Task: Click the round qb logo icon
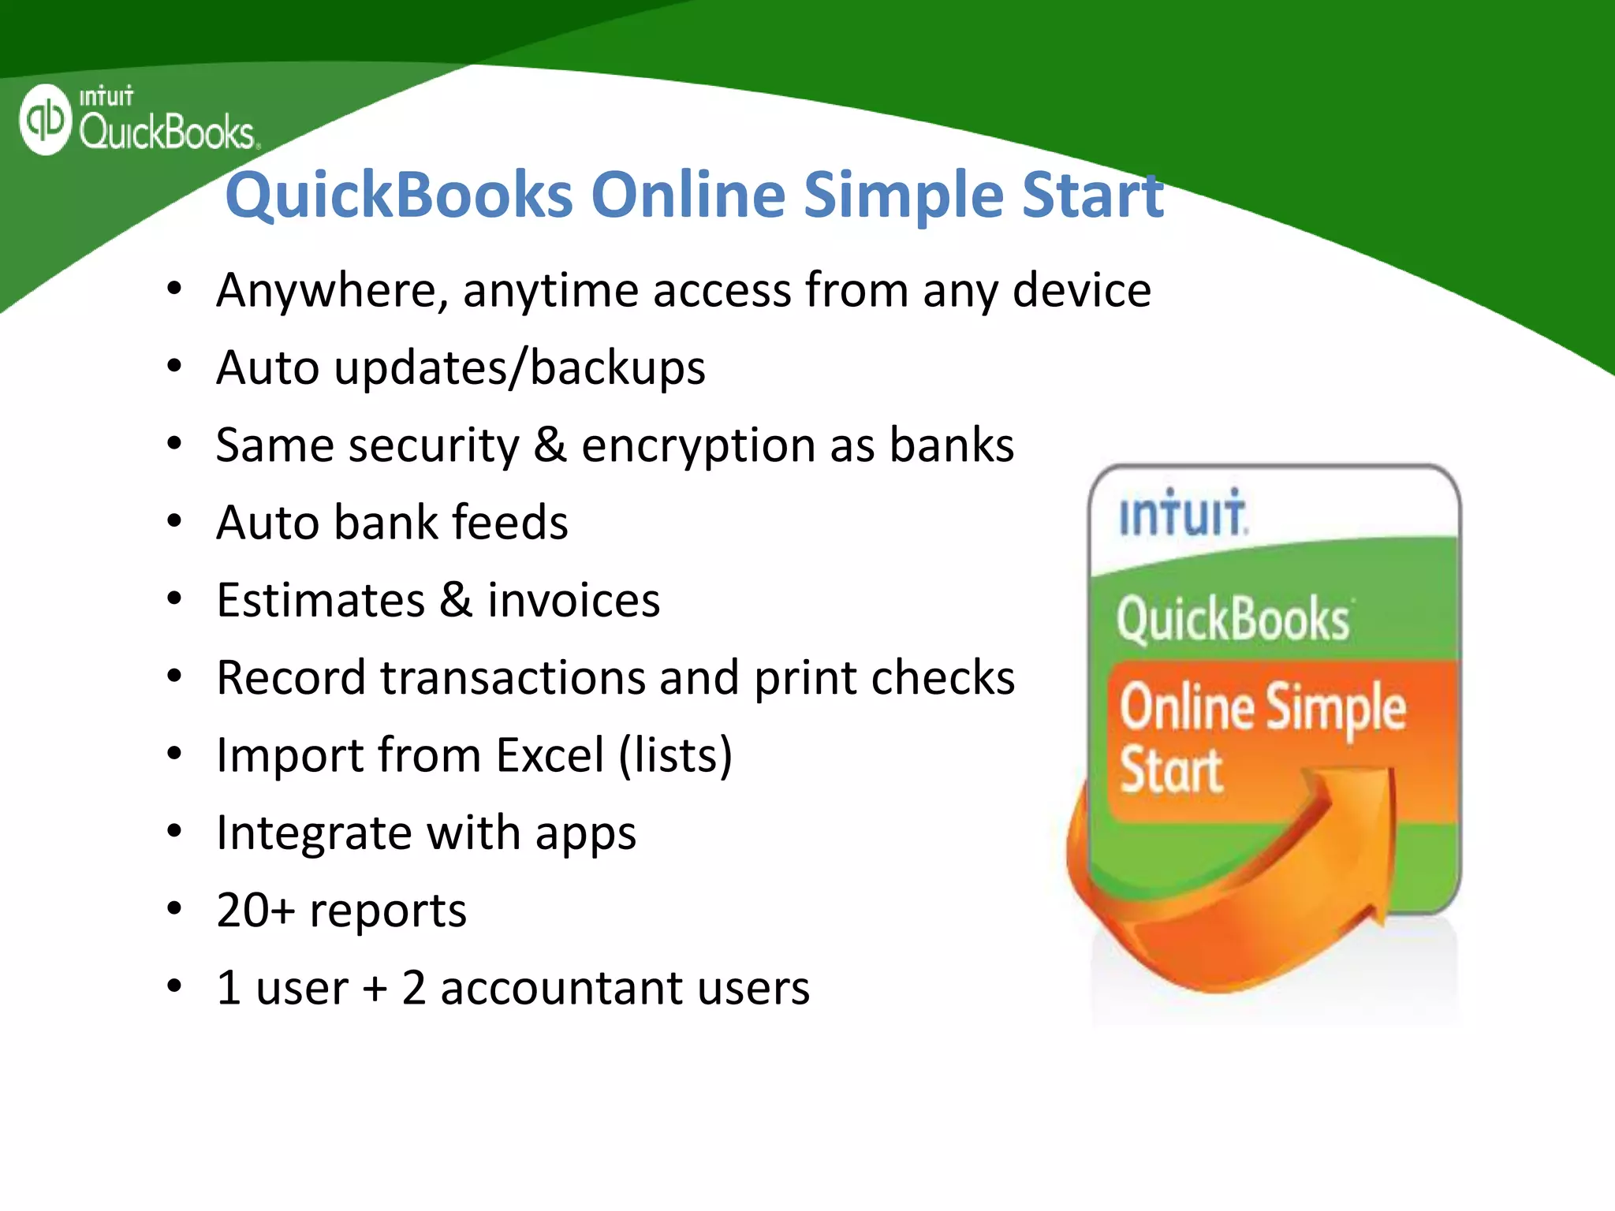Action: (46, 120)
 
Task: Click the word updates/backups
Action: (520, 368)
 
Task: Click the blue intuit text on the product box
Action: (1183, 514)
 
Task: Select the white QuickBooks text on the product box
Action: (1233, 620)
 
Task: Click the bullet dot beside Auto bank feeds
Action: (174, 521)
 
